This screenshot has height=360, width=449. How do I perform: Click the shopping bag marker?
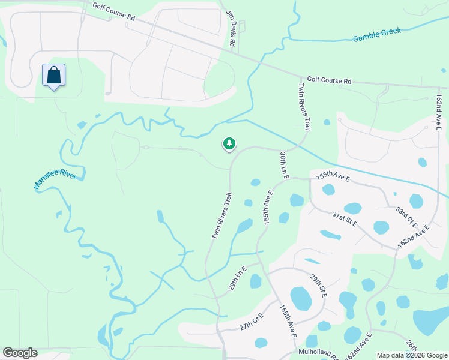[54, 76]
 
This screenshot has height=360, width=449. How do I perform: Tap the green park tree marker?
[229, 143]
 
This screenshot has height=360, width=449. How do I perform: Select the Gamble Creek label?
[377, 34]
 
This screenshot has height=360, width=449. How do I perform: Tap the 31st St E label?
[345, 219]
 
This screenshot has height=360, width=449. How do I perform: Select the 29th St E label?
[318, 286]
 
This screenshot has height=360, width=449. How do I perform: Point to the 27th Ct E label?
[252, 322]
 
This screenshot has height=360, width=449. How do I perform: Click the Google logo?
[20, 353]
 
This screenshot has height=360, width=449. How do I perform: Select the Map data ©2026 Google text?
[412, 355]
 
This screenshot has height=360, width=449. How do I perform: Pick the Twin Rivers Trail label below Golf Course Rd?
[304, 107]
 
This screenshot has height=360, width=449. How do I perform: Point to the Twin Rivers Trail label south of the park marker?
[221, 216]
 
